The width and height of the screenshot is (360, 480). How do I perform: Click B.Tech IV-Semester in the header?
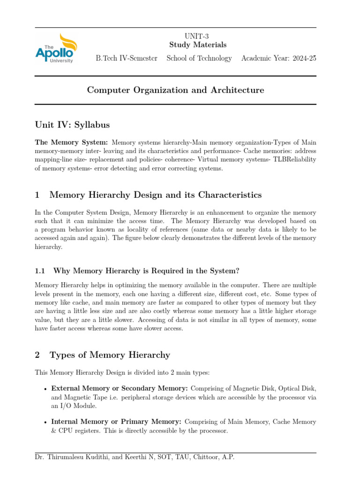tap(127, 59)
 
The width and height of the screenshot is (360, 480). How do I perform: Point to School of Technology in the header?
tap(199, 59)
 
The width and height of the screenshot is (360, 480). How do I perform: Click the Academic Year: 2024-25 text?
tap(278, 59)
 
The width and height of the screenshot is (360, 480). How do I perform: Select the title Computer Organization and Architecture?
tap(176, 90)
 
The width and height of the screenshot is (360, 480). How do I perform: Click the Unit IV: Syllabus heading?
tap(72, 125)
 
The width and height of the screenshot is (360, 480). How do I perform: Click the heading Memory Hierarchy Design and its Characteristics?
tap(155, 195)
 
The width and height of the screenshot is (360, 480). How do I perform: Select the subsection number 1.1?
tap(40, 270)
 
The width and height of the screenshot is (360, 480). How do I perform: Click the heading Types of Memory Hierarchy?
tap(109, 355)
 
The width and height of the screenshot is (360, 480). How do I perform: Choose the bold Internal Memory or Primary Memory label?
tap(117, 422)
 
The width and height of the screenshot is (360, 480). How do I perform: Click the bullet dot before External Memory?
tap(44, 389)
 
